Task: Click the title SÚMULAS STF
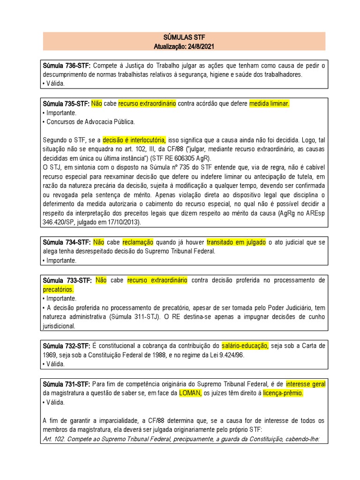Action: pyautogui.click(x=184, y=37)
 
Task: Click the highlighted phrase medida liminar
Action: pyautogui.click(x=270, y=104)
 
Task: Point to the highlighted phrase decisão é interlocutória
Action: pyautogui.click(x=134, y=140)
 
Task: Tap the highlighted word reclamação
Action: pyautogui.click(x=138, y=242)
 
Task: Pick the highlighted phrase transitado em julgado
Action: pyautogui.click(x=236, y=242)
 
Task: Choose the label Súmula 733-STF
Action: pyautogui.click(x=66, y=280)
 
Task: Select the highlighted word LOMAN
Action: pyautogui.click(x=189, y=393)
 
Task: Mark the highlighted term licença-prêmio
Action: pyautogui.click(x=283, y=393)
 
